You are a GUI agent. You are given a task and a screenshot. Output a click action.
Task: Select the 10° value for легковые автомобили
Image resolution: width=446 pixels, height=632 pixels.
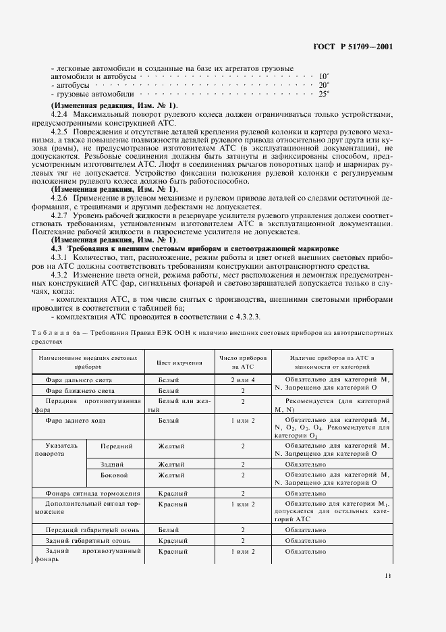(x=324, y=76)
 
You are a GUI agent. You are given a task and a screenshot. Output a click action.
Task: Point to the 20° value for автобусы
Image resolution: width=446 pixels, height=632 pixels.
(x=324, y=85)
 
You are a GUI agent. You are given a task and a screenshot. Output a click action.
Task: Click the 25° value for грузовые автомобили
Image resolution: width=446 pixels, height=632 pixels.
(x=324, y=94)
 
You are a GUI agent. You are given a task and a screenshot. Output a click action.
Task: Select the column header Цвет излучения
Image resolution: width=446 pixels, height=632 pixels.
(x=179, y=363)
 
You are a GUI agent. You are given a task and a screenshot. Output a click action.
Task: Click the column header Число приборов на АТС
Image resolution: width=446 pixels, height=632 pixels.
(x=243, y=363)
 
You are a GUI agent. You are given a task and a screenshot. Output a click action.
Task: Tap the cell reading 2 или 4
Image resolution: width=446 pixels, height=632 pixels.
(x=242, y=381)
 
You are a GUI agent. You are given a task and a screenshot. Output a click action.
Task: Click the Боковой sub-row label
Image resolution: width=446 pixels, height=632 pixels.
(x=114, y=475)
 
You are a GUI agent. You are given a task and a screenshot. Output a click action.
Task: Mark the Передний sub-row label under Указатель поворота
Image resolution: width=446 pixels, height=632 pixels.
(x=116, y=446)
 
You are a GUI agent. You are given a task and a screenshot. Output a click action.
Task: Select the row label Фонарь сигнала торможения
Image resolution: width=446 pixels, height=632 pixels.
(x=92, y=494)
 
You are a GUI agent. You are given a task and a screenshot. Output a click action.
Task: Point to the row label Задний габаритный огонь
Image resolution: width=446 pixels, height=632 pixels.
(x=82, y=541)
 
